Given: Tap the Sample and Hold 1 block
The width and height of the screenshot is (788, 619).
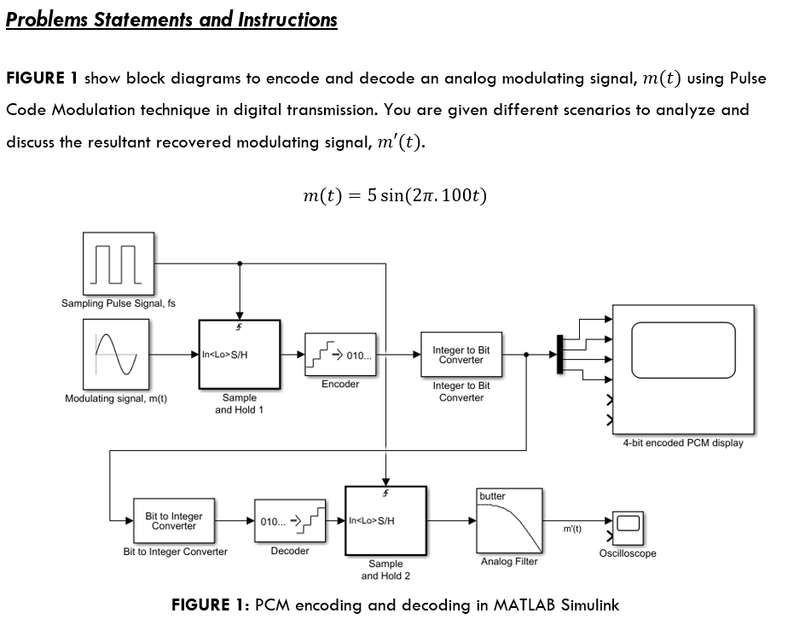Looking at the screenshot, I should pyautogui.click(x=239, y=354).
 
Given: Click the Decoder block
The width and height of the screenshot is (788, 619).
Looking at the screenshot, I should pyautogui.click(x=290, y=521).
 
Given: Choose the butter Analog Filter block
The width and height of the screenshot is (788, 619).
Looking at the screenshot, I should pyautogui.click(x=509, y=521).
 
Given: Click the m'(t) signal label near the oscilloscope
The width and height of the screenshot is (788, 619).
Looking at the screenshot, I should pyautogui.click(x=572, y=529).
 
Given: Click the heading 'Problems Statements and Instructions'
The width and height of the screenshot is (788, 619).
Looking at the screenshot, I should pyautogui.click(x=171, y=20).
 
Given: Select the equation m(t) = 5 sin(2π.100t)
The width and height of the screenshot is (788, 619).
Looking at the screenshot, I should pyautogui.click(x=394, y=195).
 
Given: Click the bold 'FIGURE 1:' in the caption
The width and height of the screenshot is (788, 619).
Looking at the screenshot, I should pyautogui.click(x=210, y=605).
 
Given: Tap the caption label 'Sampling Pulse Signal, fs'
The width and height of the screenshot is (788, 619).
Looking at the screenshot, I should pyautogui.click(x=118, y=304).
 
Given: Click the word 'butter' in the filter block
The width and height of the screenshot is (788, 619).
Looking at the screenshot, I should pyautogui.click(x=492, y=496).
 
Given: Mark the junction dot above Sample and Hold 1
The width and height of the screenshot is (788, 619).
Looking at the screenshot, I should pyautogui.click(x=240, y=263).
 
